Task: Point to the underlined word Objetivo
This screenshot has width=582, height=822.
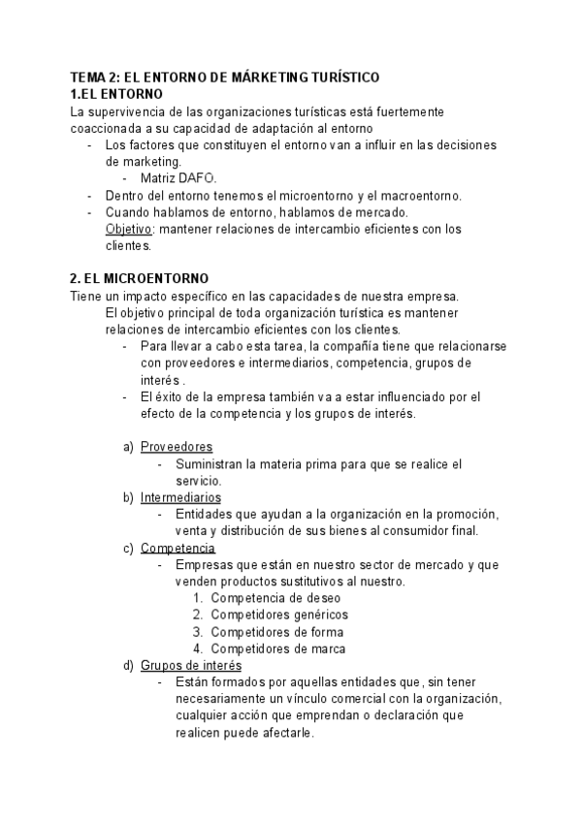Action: click(128, 230)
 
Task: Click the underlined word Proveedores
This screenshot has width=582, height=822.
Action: click(176, 447)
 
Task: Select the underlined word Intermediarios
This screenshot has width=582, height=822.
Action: click(179, 497)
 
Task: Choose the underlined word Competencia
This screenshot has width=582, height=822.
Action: click(178, 548)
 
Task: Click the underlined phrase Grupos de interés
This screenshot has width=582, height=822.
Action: click(191, 666)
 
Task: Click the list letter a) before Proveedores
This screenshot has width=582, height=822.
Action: click(128, 447)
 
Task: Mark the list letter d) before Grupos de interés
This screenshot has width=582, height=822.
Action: click(128, 666)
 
